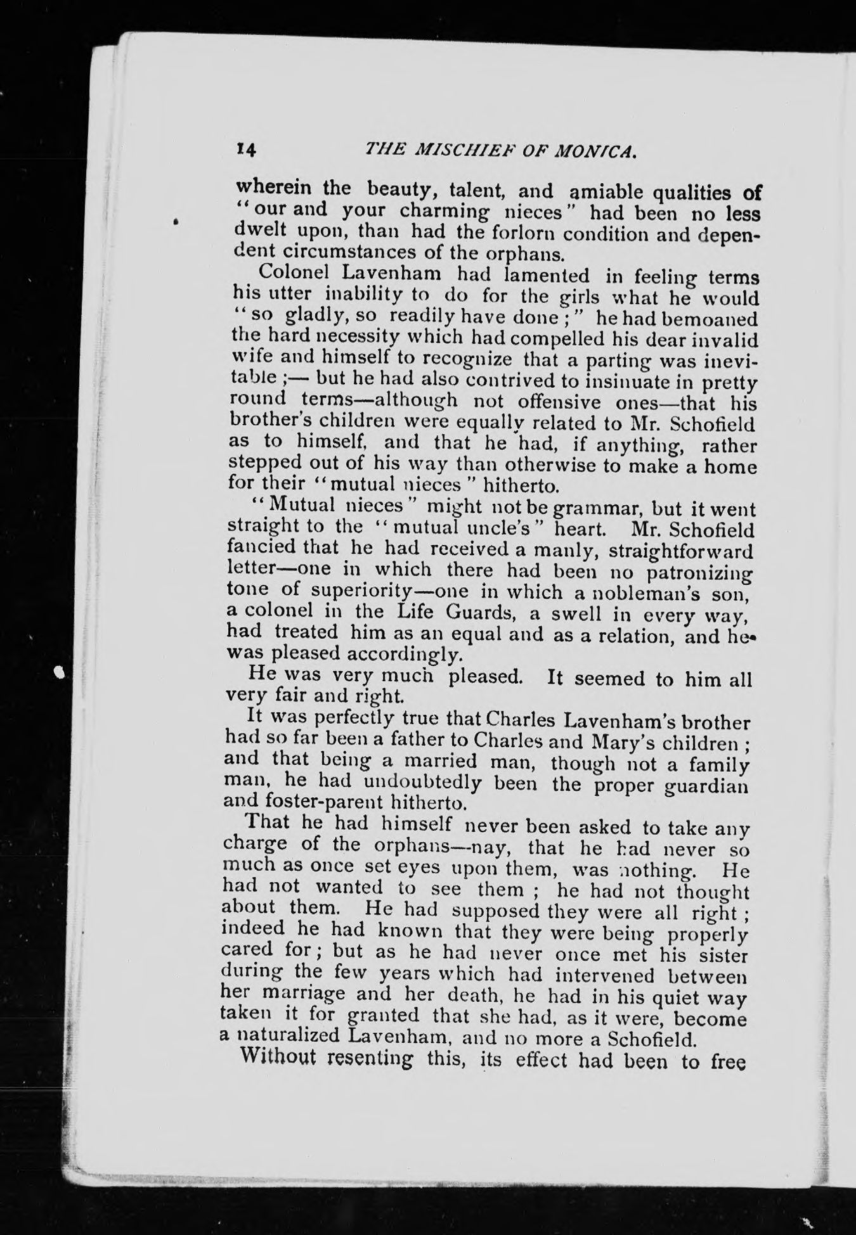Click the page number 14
[244, 149]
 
